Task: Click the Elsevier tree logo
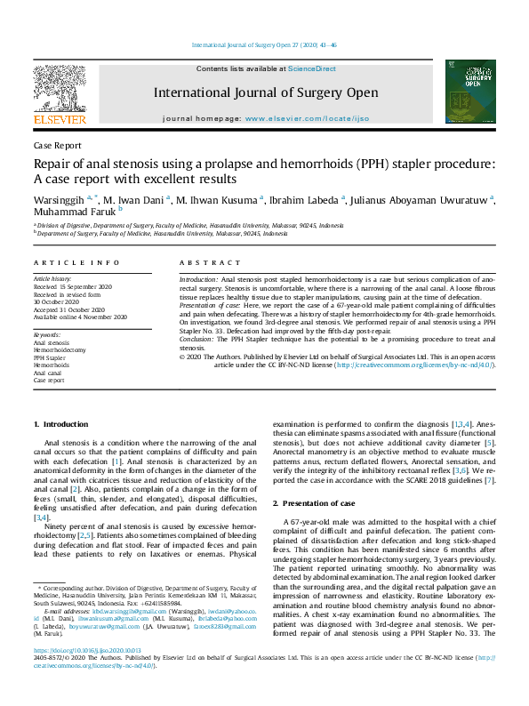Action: tap(60, 91)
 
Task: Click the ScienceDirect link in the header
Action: tap(314, 68)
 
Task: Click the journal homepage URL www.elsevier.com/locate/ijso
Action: tap(307, 118)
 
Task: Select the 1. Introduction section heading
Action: tap(60, 424)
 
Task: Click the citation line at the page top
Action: tap(264, 45)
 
